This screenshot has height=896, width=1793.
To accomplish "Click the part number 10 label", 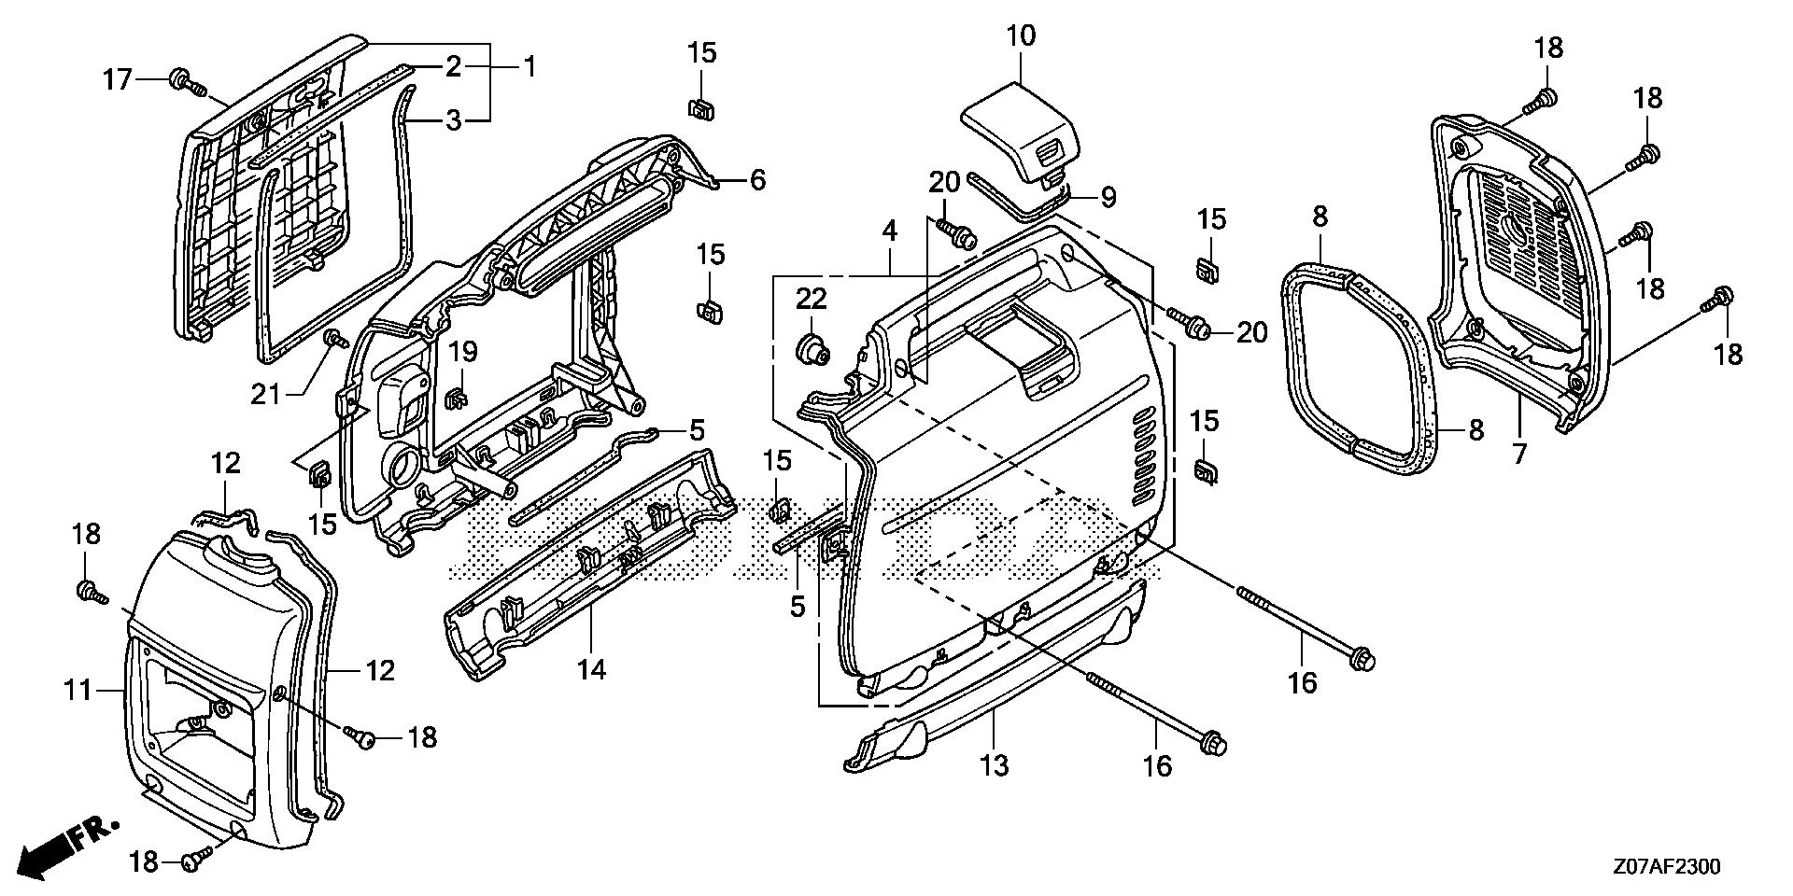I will pyautogui.click(x=1021, y=36).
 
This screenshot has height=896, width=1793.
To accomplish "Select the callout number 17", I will pyautogui.click(x=118, y=80).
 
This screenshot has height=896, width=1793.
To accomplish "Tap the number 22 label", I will pyautogui.click(x=812, y=300).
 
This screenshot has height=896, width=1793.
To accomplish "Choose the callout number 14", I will pyautogui.click(x=592, y=669).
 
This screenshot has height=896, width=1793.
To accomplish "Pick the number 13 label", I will pyautogui.click(x=995, y=766).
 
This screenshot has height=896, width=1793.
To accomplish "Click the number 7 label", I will pyautogui.click(x=1518, y=455).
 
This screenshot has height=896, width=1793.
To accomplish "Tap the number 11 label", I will pyautogui.click(x=78, y=692).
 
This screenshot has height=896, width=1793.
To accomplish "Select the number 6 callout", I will pyautogui.click(x=757, y=179).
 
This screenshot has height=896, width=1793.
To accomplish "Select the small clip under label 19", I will pyautogui.click(x=457, y=398).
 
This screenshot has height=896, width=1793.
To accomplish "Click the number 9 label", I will pyautogui.click(x=1108, y=197).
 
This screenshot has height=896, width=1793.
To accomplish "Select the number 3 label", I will pyautogui.click(x=452, y=121).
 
